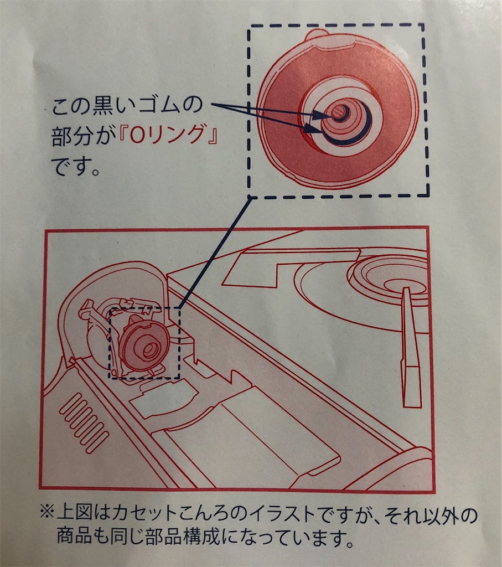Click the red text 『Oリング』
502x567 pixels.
point(168,136)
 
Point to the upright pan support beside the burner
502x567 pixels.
point(411,348)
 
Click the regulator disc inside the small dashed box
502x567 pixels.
point(144,346)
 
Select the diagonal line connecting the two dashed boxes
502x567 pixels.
point(214,252)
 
